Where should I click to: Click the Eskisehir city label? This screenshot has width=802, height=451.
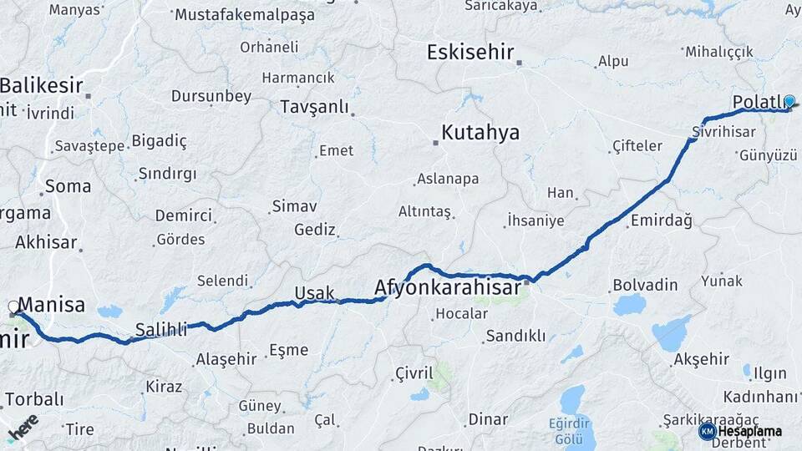[x=470, y=52]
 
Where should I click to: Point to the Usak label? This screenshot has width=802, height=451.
[x=314, y=293]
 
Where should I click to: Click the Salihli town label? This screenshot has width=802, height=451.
[x=161, y=330]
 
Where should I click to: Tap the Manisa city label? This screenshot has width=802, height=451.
[x=51, y=305]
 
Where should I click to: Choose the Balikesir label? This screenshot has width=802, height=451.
[x=41, y=84]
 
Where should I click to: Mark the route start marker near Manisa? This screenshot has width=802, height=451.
[x=14, y=307]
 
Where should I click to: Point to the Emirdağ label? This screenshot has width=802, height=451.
[x=662, y=220]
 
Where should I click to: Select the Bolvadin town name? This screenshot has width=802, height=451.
[x=645, y=285]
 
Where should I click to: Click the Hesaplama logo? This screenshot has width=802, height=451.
[x=741, y=431]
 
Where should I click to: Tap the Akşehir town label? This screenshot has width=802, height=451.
[x=701, y=360]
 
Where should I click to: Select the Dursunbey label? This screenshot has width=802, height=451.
[x=211, y=96]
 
